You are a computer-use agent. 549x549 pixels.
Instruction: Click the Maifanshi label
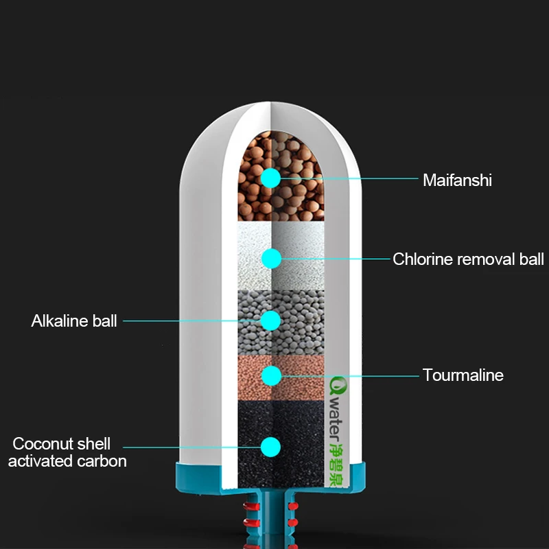pos(457,180)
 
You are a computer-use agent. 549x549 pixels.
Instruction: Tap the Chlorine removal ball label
pos(468,259)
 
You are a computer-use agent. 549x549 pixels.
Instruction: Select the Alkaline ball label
pos(74,320)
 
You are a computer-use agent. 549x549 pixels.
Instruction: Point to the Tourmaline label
pos(463,375)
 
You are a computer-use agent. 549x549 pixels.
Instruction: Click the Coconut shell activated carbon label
pos(67,452)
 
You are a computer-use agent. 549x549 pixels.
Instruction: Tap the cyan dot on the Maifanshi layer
pos(270,178)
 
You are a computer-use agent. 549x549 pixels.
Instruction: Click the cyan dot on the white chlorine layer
pos(271,259)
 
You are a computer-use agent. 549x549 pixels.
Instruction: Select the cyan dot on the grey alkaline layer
pos(270,320)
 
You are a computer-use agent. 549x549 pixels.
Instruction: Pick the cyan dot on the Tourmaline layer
pos(271,376)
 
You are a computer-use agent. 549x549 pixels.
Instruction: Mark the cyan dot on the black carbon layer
pos(270,447)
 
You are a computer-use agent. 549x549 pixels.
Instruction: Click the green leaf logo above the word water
pos(338,386)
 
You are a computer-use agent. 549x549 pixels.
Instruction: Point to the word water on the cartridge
pos(336,419)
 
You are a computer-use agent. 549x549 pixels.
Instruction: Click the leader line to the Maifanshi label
pos(349,178)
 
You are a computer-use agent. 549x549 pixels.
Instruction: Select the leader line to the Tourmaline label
pos(350,376)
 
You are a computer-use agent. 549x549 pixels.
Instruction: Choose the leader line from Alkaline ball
pos(192,320)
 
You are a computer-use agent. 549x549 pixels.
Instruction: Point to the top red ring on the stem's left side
pos(251,506)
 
